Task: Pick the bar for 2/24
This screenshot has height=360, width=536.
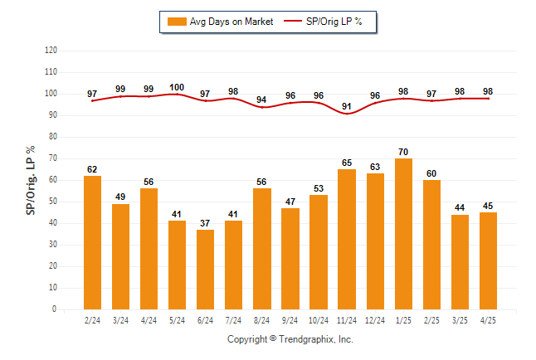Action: [92, 242]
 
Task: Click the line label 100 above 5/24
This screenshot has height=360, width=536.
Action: [177, 87]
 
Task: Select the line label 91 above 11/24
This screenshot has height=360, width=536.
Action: [347, 106]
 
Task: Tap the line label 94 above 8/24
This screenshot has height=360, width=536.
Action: [261, 100]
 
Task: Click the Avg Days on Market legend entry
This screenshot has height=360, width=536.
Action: [220, 22]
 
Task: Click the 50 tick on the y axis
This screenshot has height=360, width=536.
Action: [53, 202]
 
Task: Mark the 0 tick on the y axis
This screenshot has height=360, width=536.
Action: [55, 309]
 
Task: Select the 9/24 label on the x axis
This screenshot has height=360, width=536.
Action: [290, 319]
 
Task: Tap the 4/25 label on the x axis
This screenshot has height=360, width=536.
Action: [488, 319]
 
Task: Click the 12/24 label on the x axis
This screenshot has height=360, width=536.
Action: [375, 319]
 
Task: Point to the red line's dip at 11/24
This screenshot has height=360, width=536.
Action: [347, 113]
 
